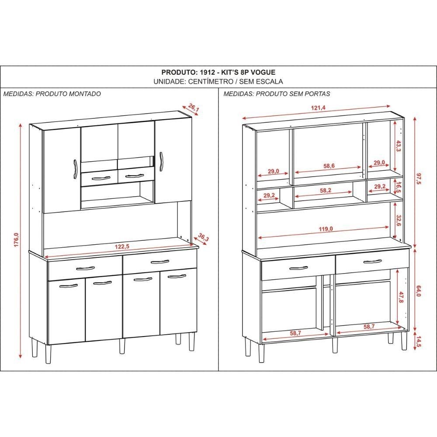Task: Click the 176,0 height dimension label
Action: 16,239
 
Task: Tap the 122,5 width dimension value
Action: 122,246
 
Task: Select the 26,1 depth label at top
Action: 194,108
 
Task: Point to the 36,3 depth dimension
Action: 204,237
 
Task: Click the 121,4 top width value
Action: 318,108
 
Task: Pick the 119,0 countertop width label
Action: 326,229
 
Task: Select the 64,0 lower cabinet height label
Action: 418,291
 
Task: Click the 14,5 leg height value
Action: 419,342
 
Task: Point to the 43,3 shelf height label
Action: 398,146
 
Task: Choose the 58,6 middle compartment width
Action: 329,166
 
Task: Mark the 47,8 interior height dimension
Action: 401,297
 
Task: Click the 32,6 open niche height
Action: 399,220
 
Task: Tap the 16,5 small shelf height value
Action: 399,187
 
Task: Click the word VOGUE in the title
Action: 263,72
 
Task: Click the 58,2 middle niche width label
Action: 325,191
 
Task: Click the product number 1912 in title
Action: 207,72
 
